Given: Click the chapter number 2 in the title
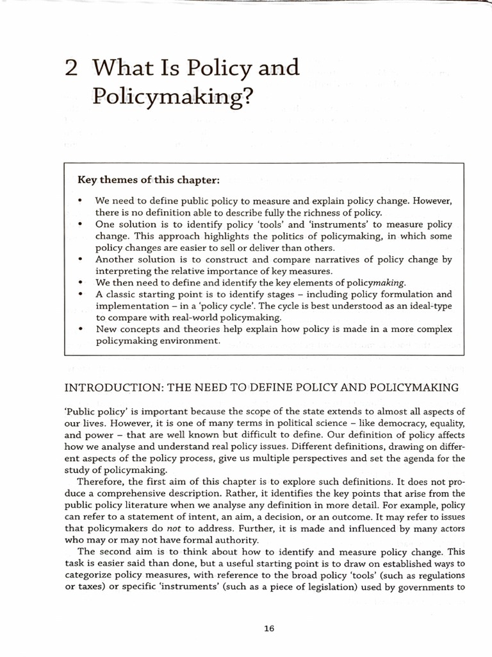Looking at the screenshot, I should (72, 68).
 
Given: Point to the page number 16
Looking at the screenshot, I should (268, 629).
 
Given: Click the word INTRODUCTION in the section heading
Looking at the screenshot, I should (113, 388).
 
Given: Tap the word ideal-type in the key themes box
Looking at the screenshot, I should (427, 305).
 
